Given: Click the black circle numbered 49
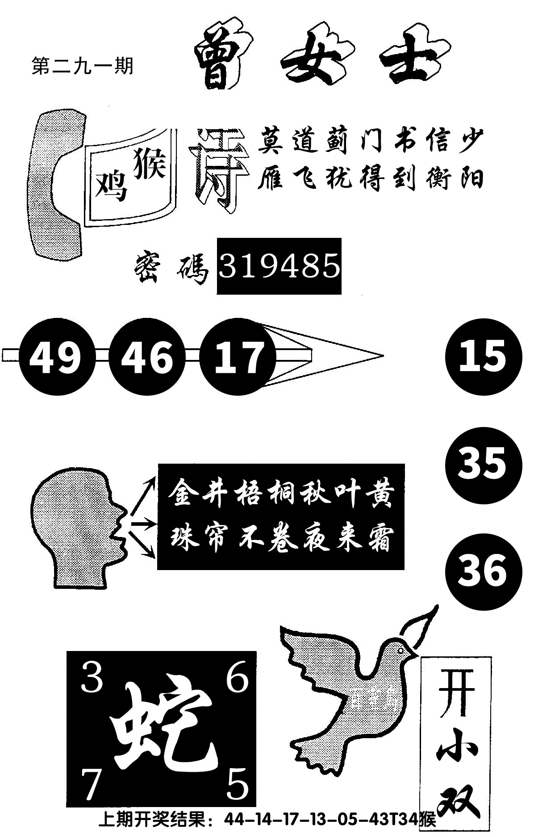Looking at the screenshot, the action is pyautogui.click(x=57, y=356).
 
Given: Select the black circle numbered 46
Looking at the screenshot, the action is pyautogui.click(x=147, y=356).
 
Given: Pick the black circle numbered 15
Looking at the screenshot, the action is pyautogui.click(x=484, y=356).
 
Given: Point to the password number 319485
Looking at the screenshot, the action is pyautogui.click(x=280, y=266).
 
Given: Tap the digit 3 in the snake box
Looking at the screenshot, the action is pyautogui.click(x=92, y=676).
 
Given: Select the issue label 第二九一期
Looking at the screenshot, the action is pyautogui.click(x=83, y=67).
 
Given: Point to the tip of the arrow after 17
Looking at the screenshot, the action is pyautogui.click(x=383, y=356).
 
